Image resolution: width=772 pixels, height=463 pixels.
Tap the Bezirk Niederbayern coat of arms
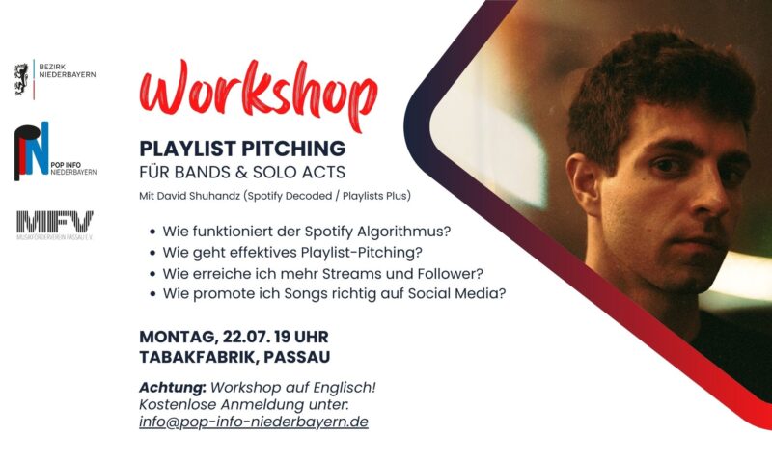tap(21, 79)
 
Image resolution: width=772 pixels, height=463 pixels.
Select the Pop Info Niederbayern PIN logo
tap(32, 150)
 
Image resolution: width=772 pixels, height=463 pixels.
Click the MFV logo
tap(55, 222)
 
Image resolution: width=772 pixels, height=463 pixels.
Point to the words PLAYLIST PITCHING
tap(242, 149)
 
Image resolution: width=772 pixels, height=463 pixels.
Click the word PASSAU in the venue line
tap(297, 357)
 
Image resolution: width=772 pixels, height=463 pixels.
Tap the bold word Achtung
tap(172, 388)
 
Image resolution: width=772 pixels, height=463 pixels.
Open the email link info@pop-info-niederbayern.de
tap(254, 422)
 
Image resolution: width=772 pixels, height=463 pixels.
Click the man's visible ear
tap(585, 185)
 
